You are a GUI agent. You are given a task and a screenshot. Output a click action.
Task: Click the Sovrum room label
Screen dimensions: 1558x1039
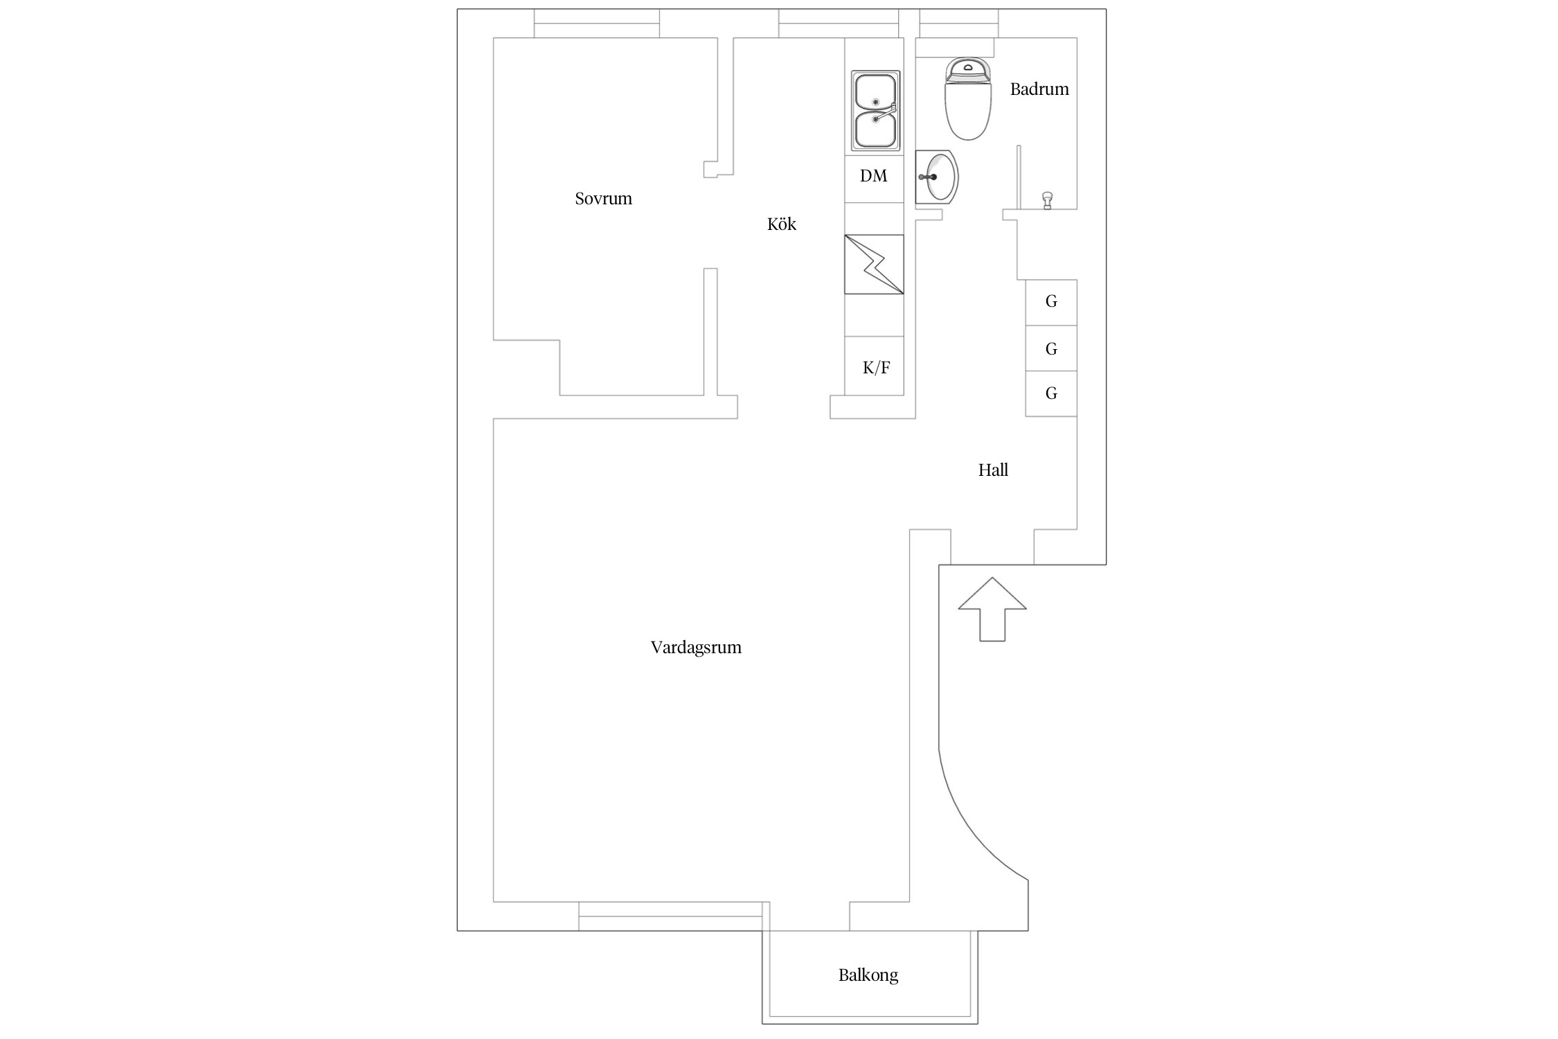603,199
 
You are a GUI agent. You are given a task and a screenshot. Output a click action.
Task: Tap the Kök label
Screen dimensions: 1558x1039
782,224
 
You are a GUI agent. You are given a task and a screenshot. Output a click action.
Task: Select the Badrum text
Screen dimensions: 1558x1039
1039,89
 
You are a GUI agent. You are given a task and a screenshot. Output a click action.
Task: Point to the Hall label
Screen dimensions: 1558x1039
993,470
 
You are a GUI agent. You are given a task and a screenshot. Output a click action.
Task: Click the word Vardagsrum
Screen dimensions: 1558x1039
696,648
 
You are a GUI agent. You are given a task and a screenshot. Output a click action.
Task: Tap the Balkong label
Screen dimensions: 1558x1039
868,975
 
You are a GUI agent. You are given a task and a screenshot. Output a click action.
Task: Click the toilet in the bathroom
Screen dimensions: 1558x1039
968,99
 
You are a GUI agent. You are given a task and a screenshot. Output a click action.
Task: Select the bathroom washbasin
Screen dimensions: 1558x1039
937,177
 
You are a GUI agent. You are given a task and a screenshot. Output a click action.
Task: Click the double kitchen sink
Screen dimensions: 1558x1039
876,111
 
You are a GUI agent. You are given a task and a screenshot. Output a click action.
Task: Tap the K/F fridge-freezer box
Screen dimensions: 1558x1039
875,366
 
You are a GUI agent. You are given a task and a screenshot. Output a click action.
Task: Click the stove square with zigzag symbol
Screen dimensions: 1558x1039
874,265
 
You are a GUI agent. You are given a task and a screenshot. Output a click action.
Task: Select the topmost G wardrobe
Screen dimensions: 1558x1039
1051,303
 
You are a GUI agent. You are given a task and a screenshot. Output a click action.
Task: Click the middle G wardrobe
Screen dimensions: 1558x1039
1051,348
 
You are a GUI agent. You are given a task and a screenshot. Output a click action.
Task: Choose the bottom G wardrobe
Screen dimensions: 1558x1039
1051,393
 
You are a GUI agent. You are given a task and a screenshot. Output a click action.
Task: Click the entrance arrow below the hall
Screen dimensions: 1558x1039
992,610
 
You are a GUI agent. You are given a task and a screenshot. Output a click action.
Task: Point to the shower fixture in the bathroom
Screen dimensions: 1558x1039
1048,200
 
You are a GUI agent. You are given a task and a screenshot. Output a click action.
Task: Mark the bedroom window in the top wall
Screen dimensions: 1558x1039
596,24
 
